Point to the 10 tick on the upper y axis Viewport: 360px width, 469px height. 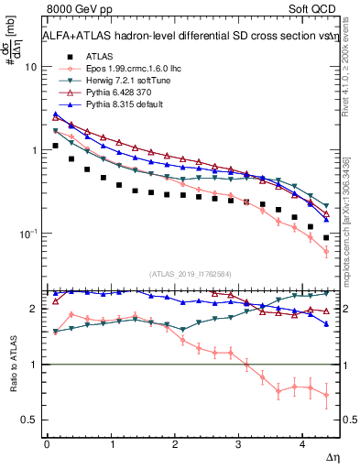29,67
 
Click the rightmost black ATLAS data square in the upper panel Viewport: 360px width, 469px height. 326,237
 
